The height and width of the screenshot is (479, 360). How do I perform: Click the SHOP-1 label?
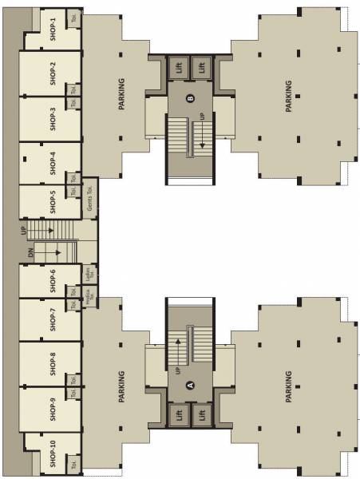coord(53,29)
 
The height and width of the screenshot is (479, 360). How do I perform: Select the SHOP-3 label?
coord(53,117)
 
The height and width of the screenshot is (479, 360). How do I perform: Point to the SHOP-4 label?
coord(53,162)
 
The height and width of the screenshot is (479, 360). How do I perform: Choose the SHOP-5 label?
coord(53,203)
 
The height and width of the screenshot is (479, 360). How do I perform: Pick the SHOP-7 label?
coord(53,319)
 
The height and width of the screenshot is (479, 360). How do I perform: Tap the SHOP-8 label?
coord(53,363)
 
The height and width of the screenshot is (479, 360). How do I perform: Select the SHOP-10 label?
coord(53,453)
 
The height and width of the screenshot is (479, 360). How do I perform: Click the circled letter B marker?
coord(190,99)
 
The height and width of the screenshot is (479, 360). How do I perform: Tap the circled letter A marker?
coord(190,383)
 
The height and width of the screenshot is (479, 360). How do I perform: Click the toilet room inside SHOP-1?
coord(73,17)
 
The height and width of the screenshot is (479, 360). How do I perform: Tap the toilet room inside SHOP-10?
coord(73,464)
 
